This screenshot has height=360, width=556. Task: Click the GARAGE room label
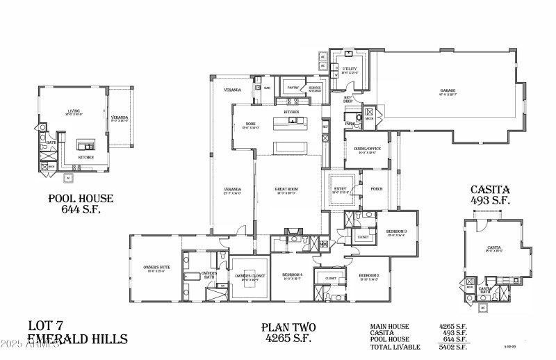click(x=448, y=91)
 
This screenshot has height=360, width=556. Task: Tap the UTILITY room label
click(x=350, y=69)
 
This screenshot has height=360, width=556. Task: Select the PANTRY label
click(x=293, y=88)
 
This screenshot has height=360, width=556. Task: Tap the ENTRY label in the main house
click(x=341, y=188)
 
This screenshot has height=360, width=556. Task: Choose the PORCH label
click(x=377, y=188)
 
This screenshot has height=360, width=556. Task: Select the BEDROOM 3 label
click(x=397, y=231)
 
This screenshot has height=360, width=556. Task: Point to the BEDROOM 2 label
click(x=369, y=276)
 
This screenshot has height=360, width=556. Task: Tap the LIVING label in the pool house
click(x=74, y=110)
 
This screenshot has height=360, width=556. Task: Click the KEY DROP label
click(x=348, y=99)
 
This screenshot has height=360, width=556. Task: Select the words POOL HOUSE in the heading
click(x=81, y=198)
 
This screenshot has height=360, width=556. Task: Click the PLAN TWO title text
click(x=289, y=327)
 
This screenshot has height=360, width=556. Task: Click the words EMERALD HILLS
click(x=77, y=339)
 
